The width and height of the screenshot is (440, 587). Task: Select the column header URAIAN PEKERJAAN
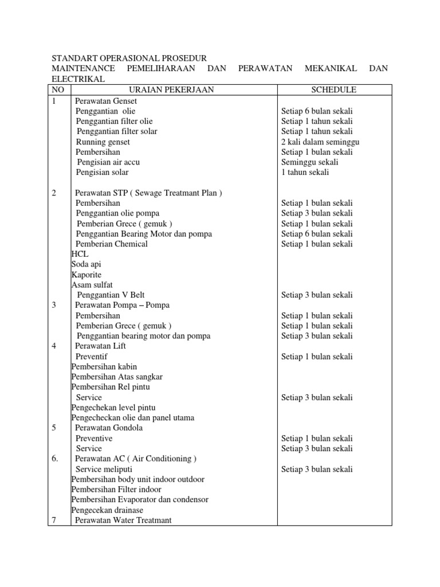pos(173,89)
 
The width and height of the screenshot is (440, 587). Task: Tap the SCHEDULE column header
pos(334,89)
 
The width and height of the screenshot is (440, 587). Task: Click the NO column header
pos(58,89)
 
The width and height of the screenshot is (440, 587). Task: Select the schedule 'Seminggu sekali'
pos(309,162)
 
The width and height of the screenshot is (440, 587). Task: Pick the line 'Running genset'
pos(103,142)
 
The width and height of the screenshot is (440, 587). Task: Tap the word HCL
pos(80,254)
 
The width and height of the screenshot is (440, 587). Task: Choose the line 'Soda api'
pos(86,264)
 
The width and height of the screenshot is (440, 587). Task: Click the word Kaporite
pos(87,275)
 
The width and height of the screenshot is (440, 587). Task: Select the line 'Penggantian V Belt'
pos(111,295)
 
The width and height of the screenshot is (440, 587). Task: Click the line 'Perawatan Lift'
pos(100,346)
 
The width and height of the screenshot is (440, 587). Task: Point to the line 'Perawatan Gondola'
pos(109,428)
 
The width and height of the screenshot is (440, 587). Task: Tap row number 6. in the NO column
pos(56,459)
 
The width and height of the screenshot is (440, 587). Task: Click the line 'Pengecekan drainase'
pos(107,510)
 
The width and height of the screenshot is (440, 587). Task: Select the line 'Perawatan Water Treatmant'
pos(123,520)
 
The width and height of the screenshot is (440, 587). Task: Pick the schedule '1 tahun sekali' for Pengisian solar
pos(305,172)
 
